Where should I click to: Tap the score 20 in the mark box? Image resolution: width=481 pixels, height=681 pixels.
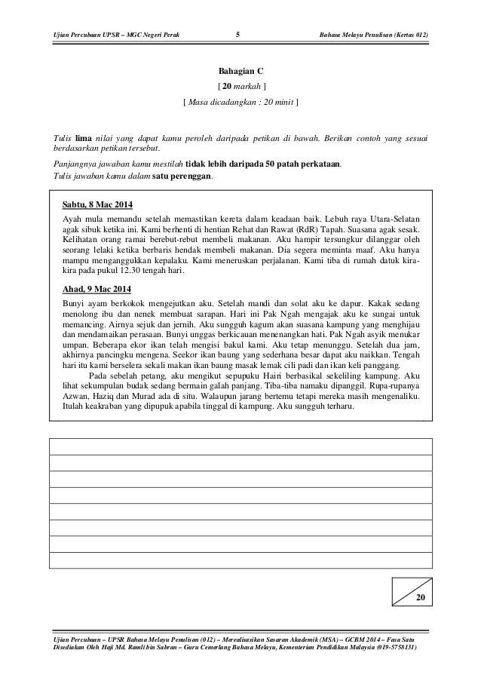click(x=420, y=597)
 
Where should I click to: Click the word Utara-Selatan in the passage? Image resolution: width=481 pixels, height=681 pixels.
click(x=397, y=219)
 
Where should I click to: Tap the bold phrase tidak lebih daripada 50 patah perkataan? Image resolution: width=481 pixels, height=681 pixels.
click(x=262, y=165)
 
